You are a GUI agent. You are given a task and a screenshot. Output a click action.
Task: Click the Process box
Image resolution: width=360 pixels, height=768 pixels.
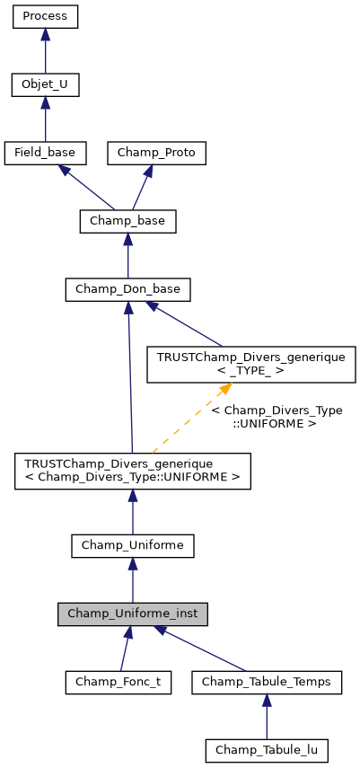[45, 17]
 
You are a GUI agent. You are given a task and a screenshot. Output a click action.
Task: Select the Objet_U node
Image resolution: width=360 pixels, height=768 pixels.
[45, 85]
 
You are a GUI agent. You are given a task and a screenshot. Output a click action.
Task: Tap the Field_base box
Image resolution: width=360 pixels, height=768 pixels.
[45, 153]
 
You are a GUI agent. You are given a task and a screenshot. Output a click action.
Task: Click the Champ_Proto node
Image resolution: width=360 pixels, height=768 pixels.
[157, 153]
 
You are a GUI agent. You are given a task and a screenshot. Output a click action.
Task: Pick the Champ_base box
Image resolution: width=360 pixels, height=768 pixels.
[127, 220]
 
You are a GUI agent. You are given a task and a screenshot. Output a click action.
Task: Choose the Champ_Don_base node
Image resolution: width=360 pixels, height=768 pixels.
[127, 289]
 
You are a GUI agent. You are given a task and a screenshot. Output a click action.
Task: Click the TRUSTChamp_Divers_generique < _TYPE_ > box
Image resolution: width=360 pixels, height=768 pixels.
[251, 364]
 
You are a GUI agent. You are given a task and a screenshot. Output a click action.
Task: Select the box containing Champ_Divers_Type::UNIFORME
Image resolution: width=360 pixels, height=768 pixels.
[133, 471]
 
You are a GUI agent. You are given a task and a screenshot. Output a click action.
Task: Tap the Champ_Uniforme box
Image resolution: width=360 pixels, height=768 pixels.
[133, 545]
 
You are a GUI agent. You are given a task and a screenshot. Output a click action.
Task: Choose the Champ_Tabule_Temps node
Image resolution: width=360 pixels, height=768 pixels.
[267, 682]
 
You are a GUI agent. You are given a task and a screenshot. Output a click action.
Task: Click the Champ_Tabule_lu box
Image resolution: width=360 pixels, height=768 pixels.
[267, 749]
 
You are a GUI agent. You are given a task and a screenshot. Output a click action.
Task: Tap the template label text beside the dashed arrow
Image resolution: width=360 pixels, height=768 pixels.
[276, 416]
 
